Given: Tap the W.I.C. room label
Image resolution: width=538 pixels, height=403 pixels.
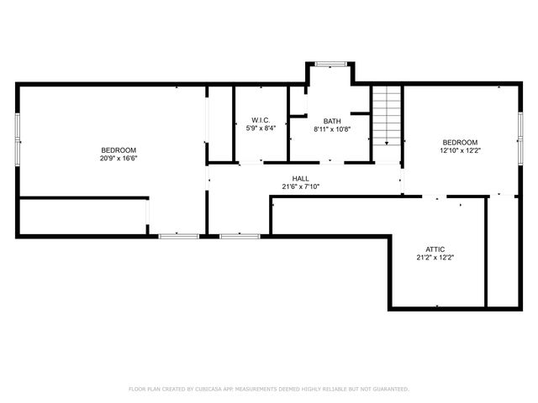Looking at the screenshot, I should (x=259, y=120).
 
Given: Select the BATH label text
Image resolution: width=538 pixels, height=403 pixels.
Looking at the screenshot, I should (x=331, y=120).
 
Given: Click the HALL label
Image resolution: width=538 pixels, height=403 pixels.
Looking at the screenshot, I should (x=300, y=178).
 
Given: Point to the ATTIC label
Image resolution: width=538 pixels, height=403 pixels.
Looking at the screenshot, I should (x=435, y=249).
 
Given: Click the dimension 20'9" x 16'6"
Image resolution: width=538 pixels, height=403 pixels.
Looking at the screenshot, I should (x=119, y=158).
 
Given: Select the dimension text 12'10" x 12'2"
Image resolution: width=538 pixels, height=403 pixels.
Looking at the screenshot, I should (x=460, y=150).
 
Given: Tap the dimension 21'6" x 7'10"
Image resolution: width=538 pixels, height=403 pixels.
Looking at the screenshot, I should (x=300, y=186).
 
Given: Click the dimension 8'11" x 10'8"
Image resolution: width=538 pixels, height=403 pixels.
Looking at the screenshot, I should (x=331, y=129).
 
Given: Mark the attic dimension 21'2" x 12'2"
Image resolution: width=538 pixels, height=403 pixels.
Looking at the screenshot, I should (x=435, y=258).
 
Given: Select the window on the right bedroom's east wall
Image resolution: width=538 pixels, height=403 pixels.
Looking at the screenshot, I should (x=520, y=138).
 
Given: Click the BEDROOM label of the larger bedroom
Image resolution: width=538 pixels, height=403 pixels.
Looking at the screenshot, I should (x=119, y=149).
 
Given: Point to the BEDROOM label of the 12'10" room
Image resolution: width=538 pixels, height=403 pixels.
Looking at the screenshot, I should (x=460, y=142).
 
